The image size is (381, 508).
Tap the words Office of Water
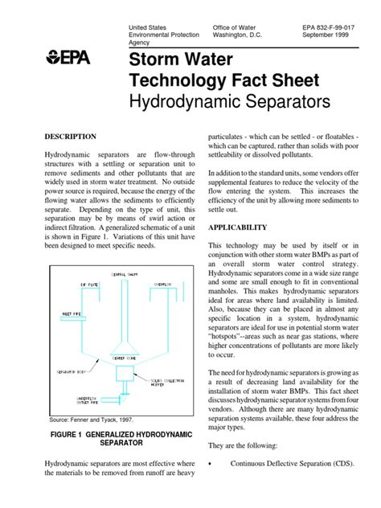click(x=237, y=28)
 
